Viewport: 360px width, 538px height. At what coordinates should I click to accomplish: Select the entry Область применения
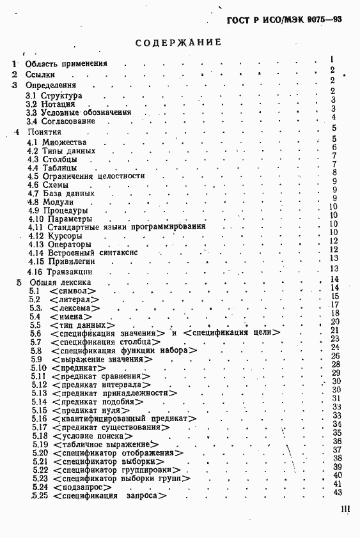tap(66, 63)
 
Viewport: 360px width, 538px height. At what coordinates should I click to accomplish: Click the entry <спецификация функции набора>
tap(123, 351)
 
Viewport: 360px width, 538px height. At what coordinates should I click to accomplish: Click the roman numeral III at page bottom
tap(342, 512)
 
